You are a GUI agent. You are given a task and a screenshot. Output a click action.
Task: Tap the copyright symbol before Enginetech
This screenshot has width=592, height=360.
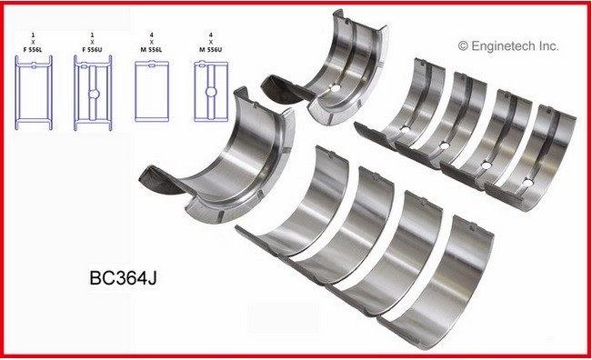464,44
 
